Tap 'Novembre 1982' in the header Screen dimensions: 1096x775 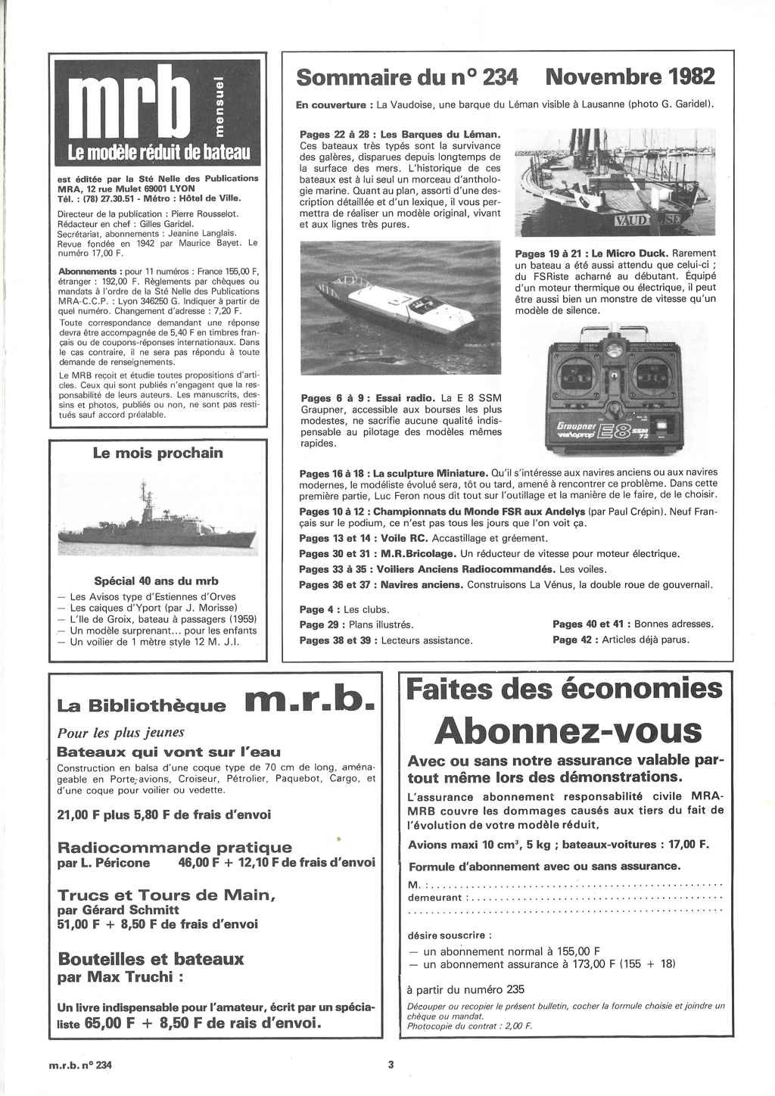click(630, 76)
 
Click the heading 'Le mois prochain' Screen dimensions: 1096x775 click(157, 453)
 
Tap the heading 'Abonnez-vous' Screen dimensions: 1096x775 click(568, 730)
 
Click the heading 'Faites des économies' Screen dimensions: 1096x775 click(564, 689)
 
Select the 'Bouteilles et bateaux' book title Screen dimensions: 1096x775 click(151, 959)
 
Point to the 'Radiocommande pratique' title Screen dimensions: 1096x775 click(174, 847)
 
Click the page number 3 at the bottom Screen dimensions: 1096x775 click(391, 1065)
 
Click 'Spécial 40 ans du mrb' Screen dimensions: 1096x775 click(156, 581)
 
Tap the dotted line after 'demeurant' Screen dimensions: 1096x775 click(594, 898)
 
